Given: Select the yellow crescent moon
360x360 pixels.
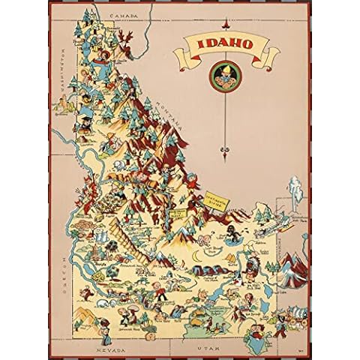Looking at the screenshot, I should (197, 256).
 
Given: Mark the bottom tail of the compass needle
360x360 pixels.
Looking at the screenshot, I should (225, 154).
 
